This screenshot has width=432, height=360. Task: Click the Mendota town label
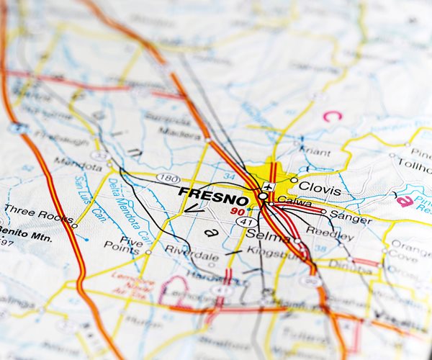pos(78,164)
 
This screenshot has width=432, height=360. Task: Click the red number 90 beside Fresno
pos(238,211)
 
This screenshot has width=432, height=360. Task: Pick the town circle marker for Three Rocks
pos(74,225)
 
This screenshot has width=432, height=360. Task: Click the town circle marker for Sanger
pos(323,213)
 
